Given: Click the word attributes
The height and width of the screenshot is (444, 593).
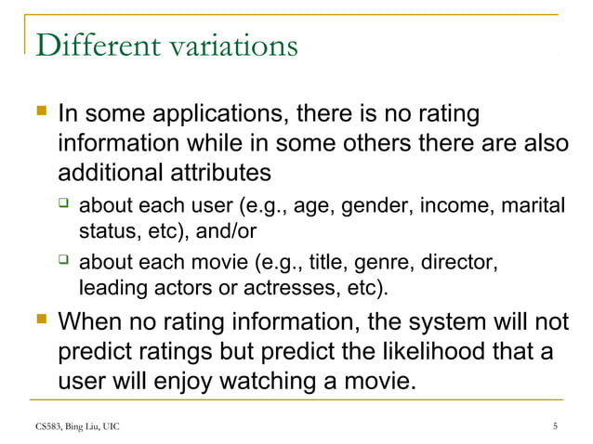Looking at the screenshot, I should pos(226,173).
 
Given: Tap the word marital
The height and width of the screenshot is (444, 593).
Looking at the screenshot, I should pos(536,205).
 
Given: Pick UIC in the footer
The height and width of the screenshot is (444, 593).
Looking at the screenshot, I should pos(109,426).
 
